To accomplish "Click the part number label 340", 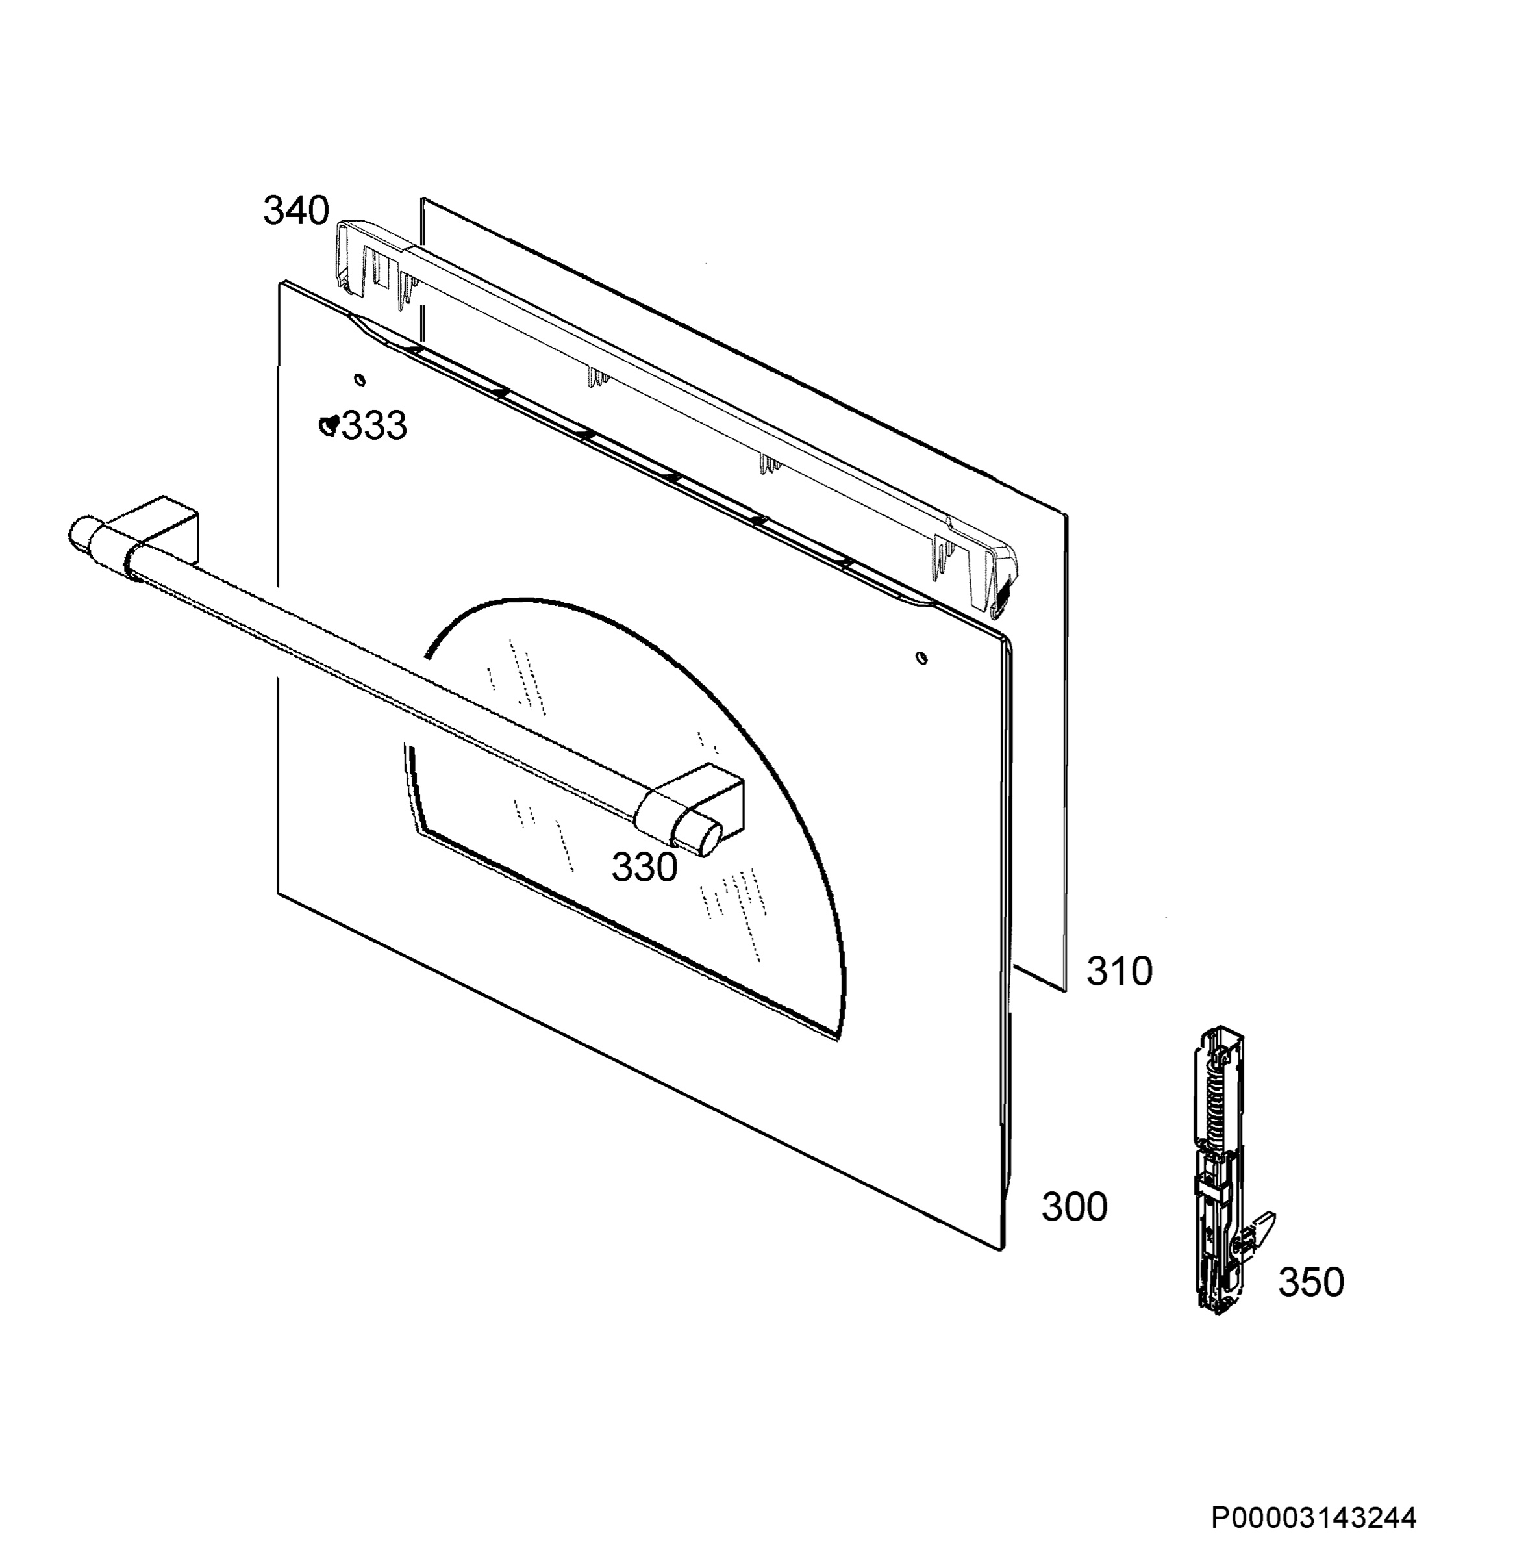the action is pos(296,211).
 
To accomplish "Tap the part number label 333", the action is pos(374,425).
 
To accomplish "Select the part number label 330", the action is pos(645,867).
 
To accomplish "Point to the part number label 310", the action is pos(1120,972).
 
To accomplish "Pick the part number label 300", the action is pos(1074,1207).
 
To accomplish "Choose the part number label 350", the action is pos(1311,1282).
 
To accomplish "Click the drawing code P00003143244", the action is pos(1314,1517).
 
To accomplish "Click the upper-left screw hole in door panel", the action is pos(360,379).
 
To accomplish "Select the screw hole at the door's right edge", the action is pos(921,657).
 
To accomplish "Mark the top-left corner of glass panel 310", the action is pos(421,198).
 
